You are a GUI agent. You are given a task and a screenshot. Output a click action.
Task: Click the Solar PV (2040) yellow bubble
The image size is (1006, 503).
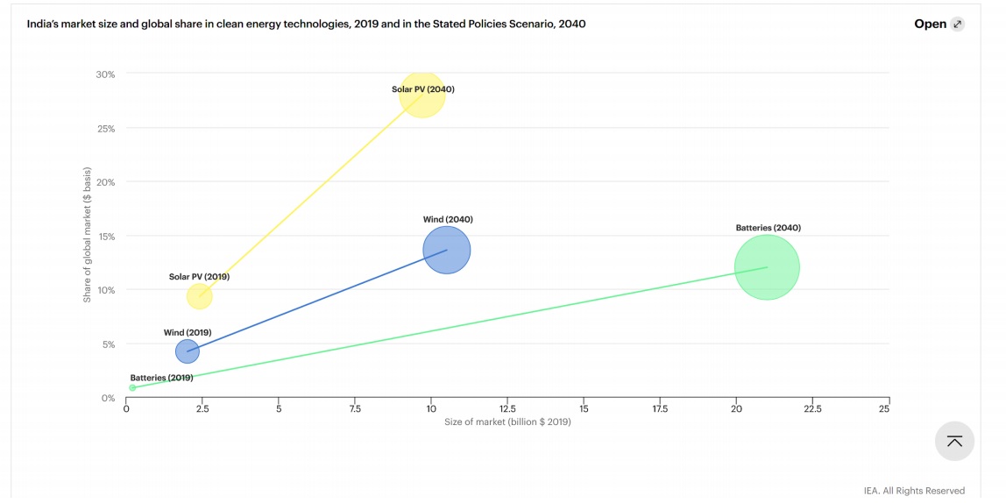422,95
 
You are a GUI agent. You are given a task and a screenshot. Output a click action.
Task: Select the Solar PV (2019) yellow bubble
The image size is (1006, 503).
200,296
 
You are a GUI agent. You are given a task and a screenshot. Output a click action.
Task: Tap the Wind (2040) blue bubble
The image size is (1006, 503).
447,250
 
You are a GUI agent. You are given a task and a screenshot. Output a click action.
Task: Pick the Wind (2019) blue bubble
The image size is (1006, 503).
188,351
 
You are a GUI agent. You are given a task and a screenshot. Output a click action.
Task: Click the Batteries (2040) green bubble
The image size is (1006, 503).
767,267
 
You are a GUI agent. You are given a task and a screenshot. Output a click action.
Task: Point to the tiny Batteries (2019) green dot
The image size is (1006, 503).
132,387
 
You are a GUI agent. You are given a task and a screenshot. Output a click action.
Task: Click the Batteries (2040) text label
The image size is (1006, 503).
768,228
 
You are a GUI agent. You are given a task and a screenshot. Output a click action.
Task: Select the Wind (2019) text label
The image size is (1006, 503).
188,333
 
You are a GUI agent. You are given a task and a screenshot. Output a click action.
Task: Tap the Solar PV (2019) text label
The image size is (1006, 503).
199,277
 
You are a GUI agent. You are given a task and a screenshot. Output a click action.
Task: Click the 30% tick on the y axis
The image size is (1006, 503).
105,74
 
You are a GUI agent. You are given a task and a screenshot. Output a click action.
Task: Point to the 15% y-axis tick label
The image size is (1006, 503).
105,236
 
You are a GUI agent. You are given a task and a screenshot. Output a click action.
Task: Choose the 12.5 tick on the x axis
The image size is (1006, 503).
507,408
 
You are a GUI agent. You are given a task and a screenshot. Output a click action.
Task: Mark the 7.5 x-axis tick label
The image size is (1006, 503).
355,408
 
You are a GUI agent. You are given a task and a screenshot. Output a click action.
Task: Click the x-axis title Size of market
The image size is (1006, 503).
507,422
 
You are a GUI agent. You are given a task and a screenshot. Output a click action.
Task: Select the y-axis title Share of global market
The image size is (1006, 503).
88,237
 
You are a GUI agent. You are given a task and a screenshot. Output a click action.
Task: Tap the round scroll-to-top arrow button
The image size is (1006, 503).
954,441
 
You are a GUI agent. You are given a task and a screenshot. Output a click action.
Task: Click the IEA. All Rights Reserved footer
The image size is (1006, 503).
914,491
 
